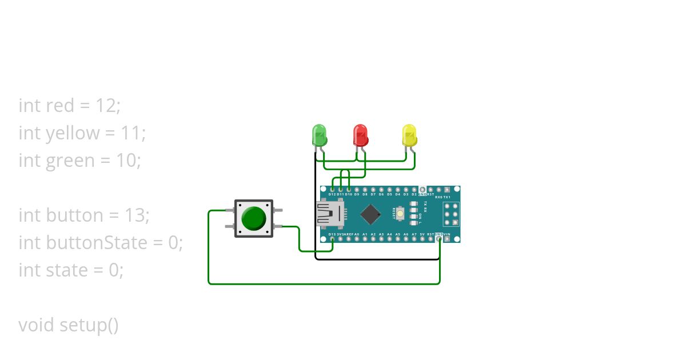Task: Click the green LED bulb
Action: [x=319, y=135]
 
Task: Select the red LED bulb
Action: [x=360, y=135]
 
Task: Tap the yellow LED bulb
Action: [x=409, y=135]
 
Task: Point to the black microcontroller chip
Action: [x=370, y=214]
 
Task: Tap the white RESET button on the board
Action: [x=401, y=214]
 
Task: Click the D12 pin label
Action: [x=333, y=194]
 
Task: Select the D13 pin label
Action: [x=332, y=234]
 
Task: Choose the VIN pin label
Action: [x=447, y=234]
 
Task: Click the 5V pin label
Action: [x=422, y=234]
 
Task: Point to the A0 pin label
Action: [x=357, y=234]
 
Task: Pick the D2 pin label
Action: [x=414, y=194]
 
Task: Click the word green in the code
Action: [x=71, y=161]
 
